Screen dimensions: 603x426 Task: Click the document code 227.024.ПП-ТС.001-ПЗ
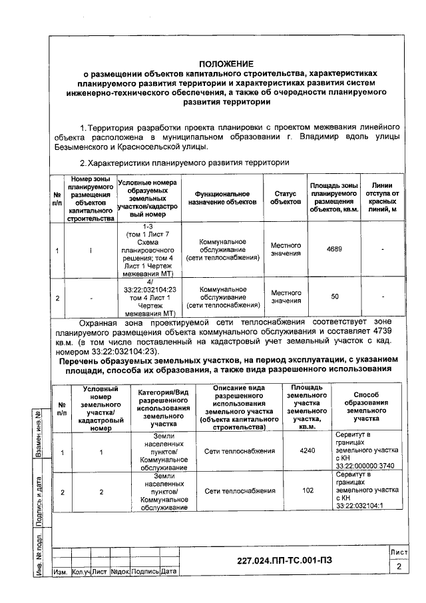[284, 560]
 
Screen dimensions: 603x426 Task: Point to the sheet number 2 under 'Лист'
[398, 566]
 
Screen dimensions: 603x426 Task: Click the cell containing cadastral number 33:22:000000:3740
[365, 451]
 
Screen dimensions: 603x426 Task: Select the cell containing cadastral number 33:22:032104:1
[365, 491]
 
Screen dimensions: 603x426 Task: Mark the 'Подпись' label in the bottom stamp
[144, 572]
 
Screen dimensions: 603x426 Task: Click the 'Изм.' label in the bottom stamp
[59, 572]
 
